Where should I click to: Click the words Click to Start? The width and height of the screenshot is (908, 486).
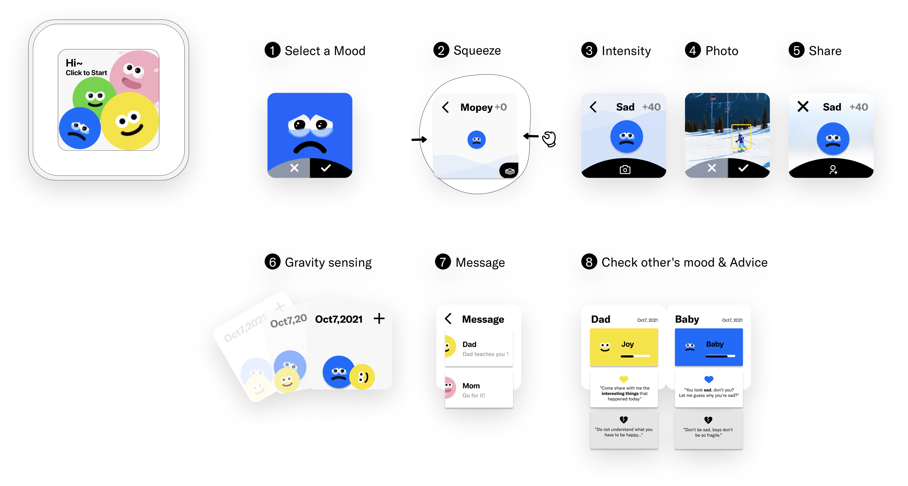pos(86,73)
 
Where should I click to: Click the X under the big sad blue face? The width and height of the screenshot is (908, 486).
pos(294,168)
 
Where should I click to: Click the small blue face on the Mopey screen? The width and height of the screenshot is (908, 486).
pos(476,140)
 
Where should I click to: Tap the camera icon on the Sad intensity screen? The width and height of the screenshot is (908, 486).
pos(625,170)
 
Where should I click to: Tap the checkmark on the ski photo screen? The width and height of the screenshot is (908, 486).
pos(743,168)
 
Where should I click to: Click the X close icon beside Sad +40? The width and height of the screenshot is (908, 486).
pos(803,107)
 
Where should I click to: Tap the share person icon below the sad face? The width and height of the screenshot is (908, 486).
pos(833,170)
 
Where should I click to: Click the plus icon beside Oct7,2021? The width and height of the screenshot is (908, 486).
pos(379,318)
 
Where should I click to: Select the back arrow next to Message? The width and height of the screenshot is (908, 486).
pos(448,318)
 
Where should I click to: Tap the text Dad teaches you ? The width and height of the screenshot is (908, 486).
pos(485,354)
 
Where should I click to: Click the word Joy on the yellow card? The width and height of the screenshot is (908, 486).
pos(627,344)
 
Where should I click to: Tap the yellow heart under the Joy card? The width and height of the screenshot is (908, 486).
pos(624,379)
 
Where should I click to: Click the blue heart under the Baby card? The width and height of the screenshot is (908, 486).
pos(709,379)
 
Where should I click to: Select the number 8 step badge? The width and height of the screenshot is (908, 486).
pos(589,262)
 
